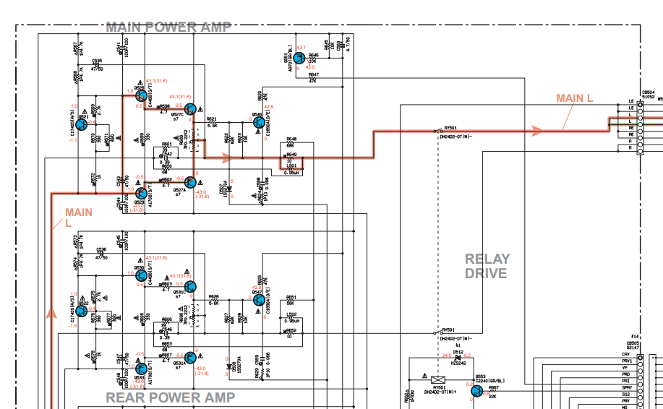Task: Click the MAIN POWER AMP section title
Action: tap(168, 27)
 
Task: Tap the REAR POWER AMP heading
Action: tap(171, 397)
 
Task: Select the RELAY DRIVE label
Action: tap(487, 266)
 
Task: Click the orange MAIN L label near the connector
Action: tap(575, 98)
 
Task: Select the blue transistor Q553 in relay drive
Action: tap(477, 391)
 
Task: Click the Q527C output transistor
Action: tap(189, 109)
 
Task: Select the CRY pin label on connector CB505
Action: tap(626, 355)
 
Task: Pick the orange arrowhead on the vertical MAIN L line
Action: tap(51, 312)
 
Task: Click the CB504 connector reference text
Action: tap(648, 92)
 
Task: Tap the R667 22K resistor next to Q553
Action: tap(494, 391)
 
